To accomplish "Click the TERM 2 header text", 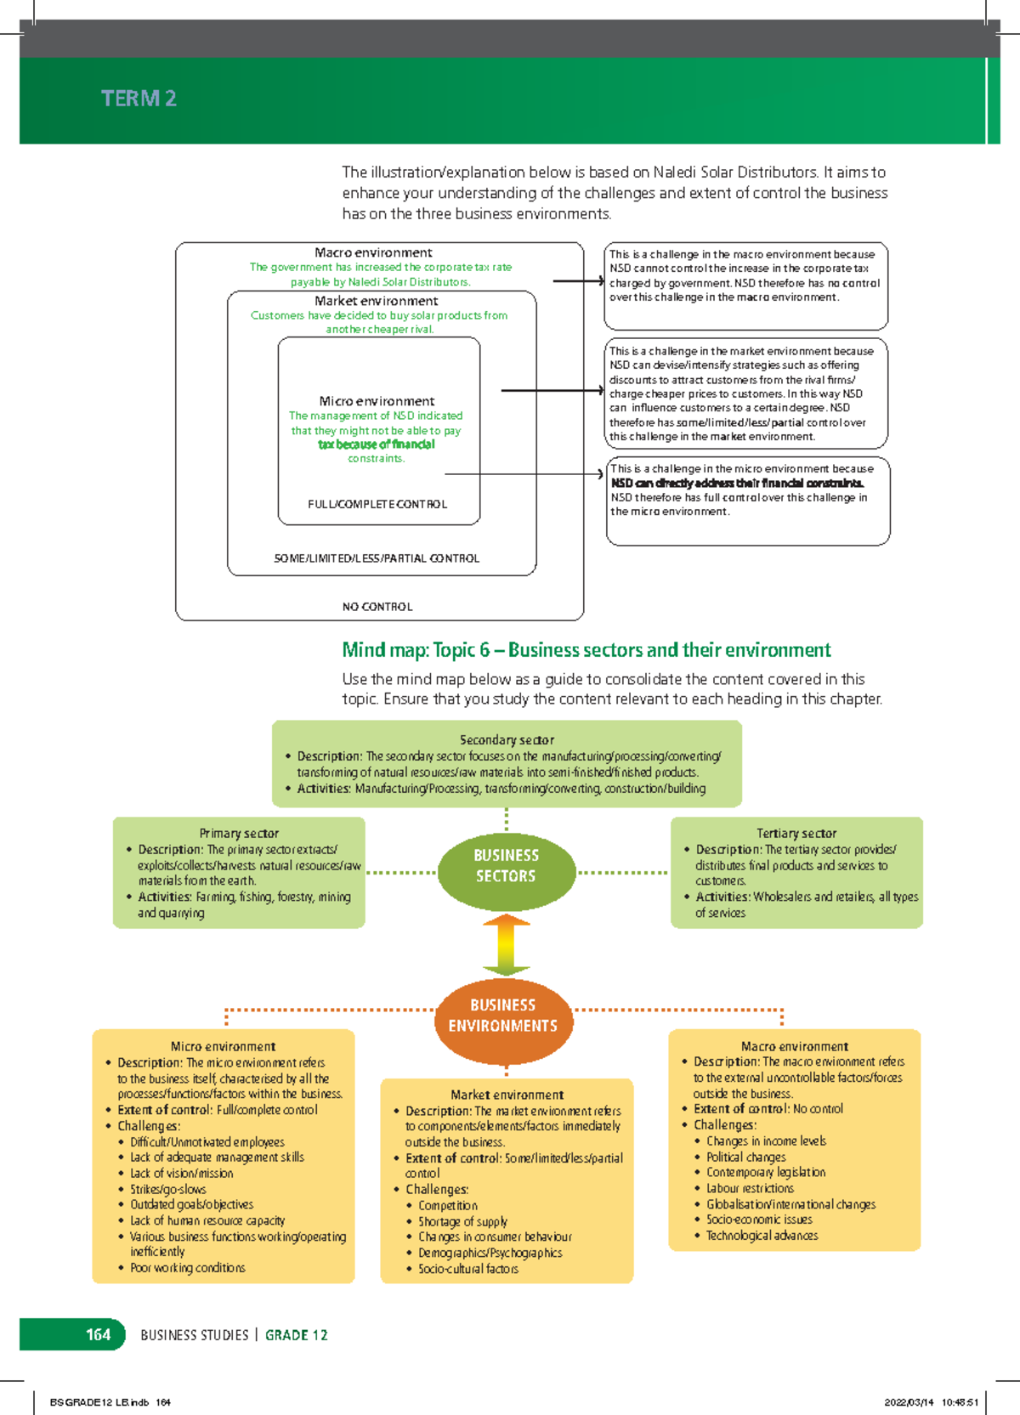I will pyautogui.click(x=139, y=99).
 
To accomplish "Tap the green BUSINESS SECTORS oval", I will pyautogui.click(x=506, y=866).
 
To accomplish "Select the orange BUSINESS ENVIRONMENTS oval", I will pyautogui.click(x=503, y=1016).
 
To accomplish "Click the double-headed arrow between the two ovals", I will pyautogui.click(x=506, y=945).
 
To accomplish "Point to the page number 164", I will pyautogui.click(x=98, y=1334).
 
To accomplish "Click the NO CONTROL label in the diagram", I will pyautogui.click(x=377, y=607).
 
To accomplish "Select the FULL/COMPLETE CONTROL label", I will pyautogui.click(x=377, y=504).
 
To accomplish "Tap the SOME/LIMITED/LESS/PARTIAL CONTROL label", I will pyautogui.click(x=377, y=558).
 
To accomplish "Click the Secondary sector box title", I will pyautogui.click(x=507, y=739).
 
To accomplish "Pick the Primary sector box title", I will pyautogui.click(x=239, y=833).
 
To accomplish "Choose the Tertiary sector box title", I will pyautogui.click(x=796, y=833).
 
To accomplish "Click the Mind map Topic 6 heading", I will pyautogui.click(x=586, y=650).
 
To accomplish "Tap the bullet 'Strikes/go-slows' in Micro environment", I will pyautogui.click(x=167, y=1189).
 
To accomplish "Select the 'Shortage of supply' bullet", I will pyautogui.click(x=462, y=1221).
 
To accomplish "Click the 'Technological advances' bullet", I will pyautogui.click(x=762, y=1236).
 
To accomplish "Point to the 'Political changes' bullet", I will pyautogui.click(x=745, y=1157).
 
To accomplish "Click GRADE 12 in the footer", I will pyautogui.click(x=296, y=1335).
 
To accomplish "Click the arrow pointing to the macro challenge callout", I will pyautogui.click(x=578, y=280).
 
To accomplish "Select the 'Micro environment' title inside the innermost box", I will pyautogui.click(x=377, y=400).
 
